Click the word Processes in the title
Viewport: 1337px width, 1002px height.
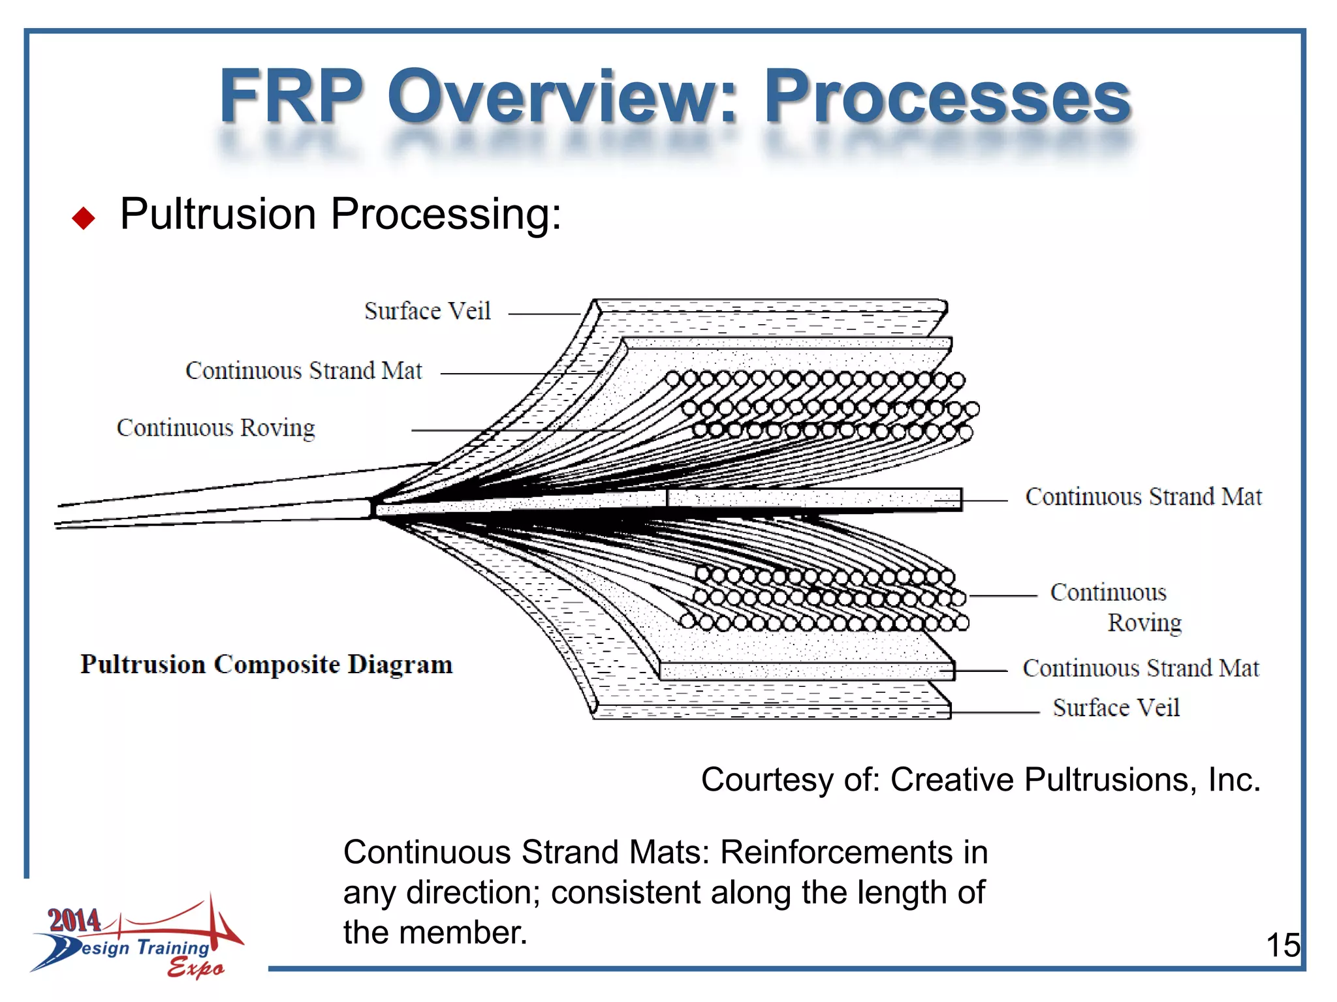(x=947, y=98)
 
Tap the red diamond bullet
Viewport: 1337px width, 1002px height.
(x=84, y=219)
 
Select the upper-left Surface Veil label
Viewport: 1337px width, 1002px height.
(x=427, y=312)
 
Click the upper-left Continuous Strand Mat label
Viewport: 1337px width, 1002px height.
(x=304, y=371)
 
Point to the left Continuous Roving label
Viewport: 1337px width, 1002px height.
(x=215, y=429)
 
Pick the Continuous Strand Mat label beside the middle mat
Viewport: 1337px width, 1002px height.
(x=1143, y=497)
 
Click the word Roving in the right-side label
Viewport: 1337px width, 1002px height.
(x=1144, y=623)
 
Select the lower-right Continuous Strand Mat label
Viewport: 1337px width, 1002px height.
(x=1140, y=669)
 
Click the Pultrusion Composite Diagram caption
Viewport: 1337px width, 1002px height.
(x=266, y=665)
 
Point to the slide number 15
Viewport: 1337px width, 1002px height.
(x=1282, y=945)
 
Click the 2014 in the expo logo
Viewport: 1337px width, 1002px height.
(x=74, y=920)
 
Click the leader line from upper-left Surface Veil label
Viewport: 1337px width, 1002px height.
(x=543, y=314)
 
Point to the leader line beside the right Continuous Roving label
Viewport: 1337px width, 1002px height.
(x=1003, y=596)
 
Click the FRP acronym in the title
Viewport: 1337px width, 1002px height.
(x=291, y=98)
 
